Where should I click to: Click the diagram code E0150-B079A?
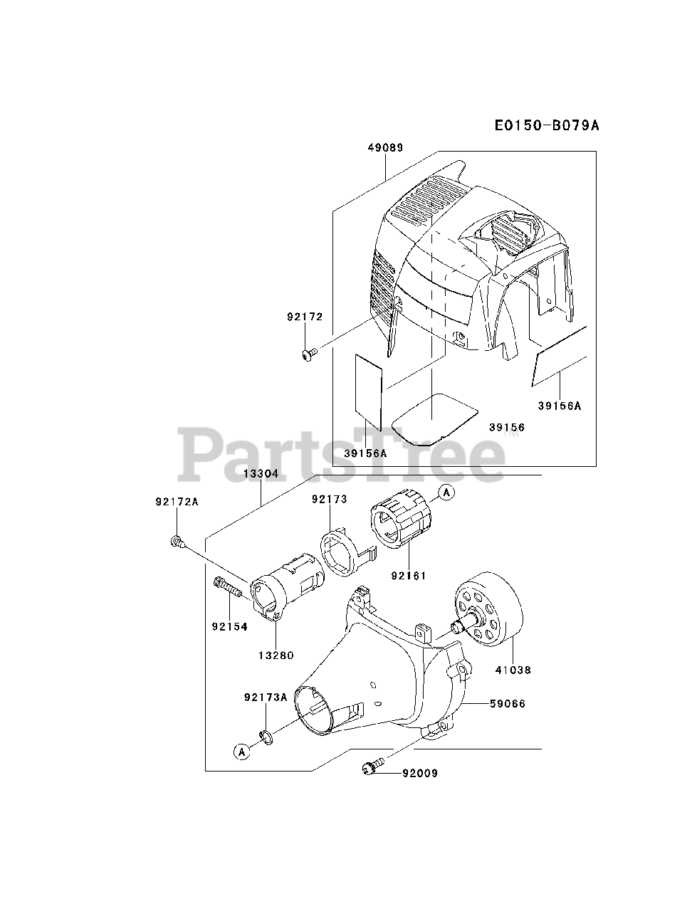click(x=547, y=126)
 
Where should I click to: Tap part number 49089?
click(x=386, y=148)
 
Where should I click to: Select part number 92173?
click(x=329, y=500)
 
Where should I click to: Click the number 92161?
click(x=409, y=575)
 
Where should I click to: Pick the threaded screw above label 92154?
click(x=227, y=588)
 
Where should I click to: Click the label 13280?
click(x=277, y=655)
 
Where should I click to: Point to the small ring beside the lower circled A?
click(x=266, y=738)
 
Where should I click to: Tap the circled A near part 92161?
click(x=446, y=493)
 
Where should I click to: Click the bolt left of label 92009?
click(x=371, y=767)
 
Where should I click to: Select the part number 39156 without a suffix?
click(x=507, y=427)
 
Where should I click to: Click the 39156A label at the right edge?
click(x=560, y=406)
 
